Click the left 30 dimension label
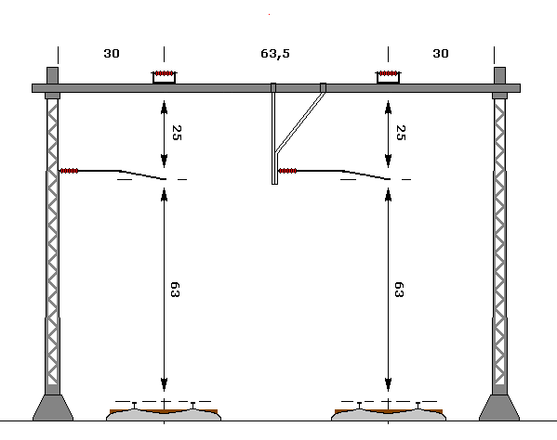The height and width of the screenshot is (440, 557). (x=112, y=54)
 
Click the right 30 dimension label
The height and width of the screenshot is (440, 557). (x=441, y=54)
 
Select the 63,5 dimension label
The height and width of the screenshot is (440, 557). (x=275, y=54)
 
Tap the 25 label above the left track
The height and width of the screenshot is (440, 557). (x=177, y=133)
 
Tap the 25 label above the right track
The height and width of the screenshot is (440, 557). (x=401, y=133)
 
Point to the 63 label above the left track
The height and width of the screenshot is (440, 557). (x=175, y=290)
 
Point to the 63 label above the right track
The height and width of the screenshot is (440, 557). (x=399, y=290)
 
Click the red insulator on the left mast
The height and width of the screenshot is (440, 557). (x=69, y=171)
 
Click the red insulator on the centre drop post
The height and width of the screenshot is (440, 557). (x=287, y=171)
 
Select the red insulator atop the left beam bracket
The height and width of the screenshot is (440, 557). (x=164, y=73)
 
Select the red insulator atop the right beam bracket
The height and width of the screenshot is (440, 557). (x=388, y=73)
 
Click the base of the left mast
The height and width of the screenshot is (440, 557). (x=53, y=408)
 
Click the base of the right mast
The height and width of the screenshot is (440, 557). (x=499, y=408)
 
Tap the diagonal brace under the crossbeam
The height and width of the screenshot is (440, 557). (x=300, y=123)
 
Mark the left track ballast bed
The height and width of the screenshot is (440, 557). (x=164, y=415)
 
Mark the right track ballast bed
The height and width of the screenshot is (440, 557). (x=389, y=415)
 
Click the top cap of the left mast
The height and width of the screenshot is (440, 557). (x=53, y=75)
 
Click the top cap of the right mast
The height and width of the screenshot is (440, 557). (x=499, y=75)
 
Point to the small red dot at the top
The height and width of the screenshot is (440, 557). (x=270, y=15)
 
